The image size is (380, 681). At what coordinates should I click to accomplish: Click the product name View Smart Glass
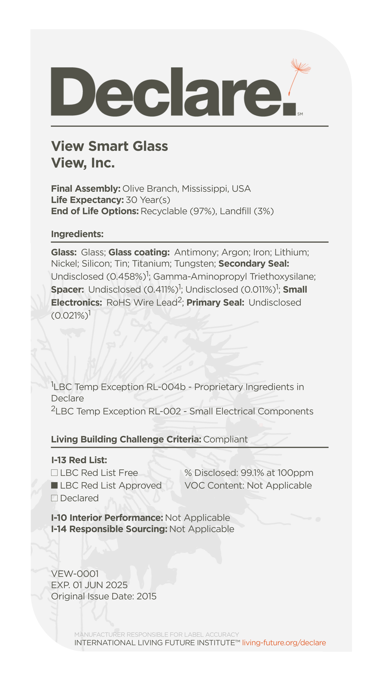[x=109, y=146]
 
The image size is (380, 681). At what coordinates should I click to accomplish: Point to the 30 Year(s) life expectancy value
[x=148, y=200]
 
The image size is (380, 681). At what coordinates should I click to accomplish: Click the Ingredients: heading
[x=77, y=234]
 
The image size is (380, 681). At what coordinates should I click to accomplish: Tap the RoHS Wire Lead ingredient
[x=142, y=302]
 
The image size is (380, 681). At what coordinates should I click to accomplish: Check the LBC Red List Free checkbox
[x=54, y=473]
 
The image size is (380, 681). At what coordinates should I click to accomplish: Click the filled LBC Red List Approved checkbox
[x=54, y=485]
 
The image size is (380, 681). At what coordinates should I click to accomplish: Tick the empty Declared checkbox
[x=54, y=498]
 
